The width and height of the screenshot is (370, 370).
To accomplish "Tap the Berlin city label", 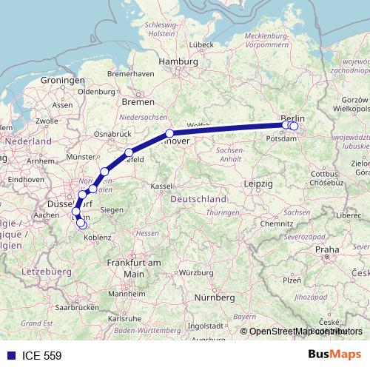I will pyautogui.click(x=292, y=118).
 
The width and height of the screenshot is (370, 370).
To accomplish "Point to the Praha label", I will pyautogui.click(x=326, y=249).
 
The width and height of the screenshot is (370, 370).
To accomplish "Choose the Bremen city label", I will pyautogui.click(x=139, y=101).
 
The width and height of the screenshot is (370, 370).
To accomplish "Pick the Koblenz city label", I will pyautogui.click(x=97, y=237).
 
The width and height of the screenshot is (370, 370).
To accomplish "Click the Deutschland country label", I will pyautogui.click(x=198, y=200).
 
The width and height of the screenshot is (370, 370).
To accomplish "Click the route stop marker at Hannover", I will pyautogui.click(x=169, y=134).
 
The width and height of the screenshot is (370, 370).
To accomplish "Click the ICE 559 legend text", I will pyautogui.click(x=43, y=356).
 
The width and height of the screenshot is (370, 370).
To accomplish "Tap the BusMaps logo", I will pyautogui.click(x=334, y=355).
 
